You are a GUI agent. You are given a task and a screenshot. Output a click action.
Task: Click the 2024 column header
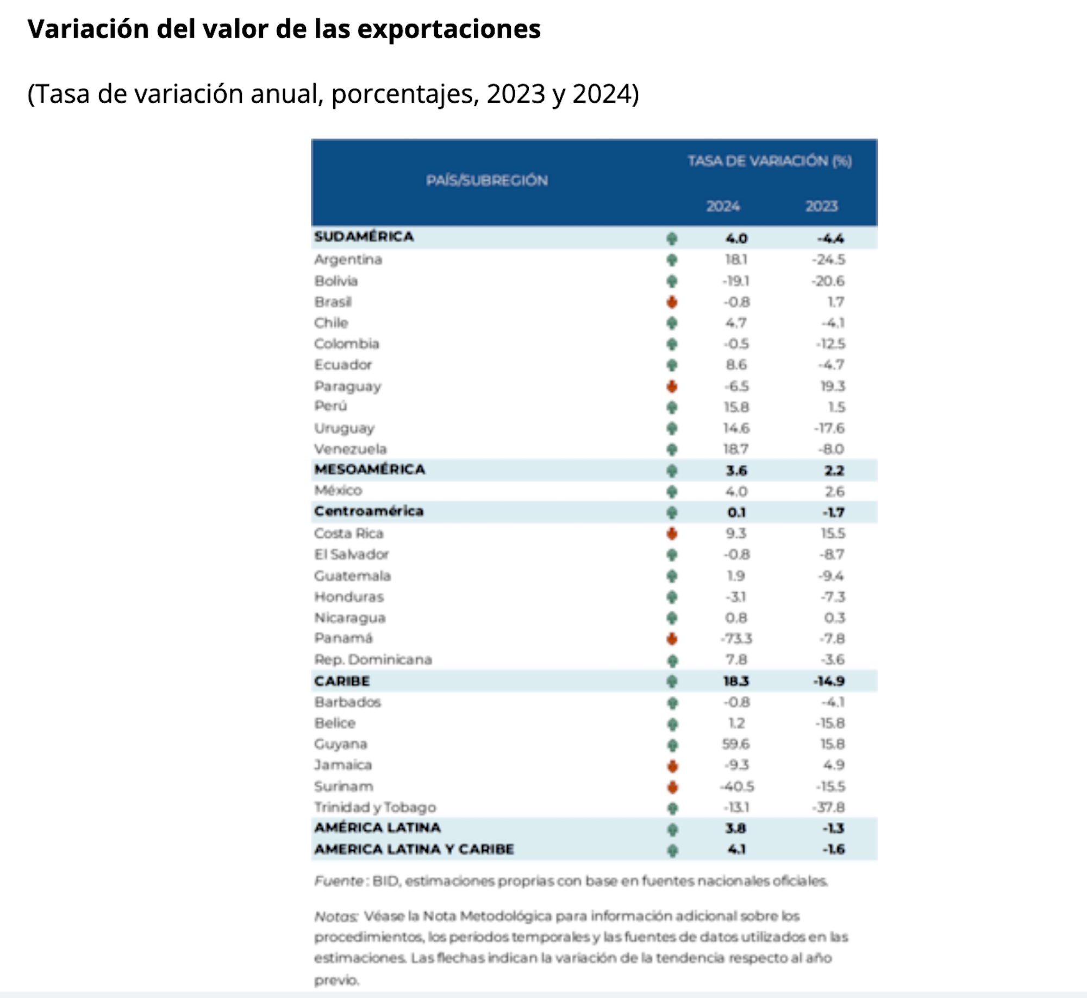[723, 207]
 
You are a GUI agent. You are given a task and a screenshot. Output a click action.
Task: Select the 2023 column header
[821, 207]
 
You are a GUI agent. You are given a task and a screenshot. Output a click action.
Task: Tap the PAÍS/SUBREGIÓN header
[486, 180]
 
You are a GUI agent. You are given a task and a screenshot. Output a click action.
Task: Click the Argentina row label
[348, 260]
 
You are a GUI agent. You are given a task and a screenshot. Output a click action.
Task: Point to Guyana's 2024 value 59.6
[736, 744]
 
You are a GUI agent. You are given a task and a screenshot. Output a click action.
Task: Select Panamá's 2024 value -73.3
[736, 639]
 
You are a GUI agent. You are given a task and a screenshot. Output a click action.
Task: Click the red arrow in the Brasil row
[672, 302]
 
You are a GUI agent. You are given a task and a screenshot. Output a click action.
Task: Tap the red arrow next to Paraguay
[672, 386]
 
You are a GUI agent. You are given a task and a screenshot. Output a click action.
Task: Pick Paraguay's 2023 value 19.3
[833, 386]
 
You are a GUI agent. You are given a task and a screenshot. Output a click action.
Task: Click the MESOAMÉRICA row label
[370, 470]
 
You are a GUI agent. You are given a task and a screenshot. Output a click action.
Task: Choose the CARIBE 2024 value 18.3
[736, 681]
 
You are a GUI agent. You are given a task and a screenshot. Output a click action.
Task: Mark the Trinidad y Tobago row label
[375, 808]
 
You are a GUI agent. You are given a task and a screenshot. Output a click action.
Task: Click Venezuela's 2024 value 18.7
[736, 450]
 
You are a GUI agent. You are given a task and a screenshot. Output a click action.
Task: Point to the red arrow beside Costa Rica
[672, 534]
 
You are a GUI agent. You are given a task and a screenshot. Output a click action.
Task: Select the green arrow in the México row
[672, 492]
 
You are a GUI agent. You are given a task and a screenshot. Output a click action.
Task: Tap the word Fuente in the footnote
[339, 881]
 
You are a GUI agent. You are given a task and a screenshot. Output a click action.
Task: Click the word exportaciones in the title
[448, 29]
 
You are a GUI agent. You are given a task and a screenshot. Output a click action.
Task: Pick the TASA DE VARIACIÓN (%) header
[769, 161]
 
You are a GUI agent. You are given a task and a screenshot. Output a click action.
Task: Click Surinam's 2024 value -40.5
[736, 787]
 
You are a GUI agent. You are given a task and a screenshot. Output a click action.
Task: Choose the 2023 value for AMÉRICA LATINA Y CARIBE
[833, 850]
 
